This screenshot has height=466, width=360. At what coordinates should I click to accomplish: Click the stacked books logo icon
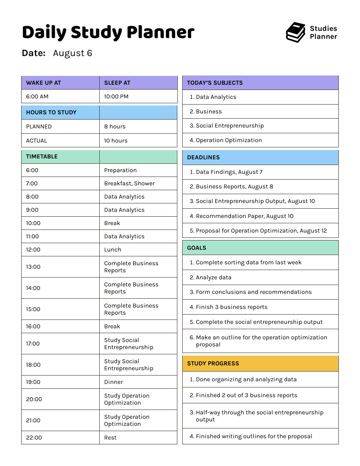point(296,33)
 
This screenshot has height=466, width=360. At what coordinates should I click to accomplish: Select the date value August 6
point(72,53)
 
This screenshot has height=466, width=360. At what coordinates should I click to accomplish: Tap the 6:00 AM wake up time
point(37,96)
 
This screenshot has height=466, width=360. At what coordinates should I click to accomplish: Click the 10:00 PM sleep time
point(116,96)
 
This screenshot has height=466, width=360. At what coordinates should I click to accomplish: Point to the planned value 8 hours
point(115,126)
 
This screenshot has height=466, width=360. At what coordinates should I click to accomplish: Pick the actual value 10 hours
point(116,140)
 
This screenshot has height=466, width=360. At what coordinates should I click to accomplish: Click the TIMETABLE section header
point(42,156)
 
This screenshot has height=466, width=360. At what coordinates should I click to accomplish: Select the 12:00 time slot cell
point(33,249)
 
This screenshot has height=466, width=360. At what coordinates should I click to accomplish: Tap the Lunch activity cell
point(112,249)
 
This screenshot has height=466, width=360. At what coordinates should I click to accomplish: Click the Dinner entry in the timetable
point(113,382)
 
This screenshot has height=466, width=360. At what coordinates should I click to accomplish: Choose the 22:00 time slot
point(34,437)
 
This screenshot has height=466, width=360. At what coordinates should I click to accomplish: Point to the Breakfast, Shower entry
point(129,183)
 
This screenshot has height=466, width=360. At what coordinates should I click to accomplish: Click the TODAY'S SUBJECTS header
point(215,83)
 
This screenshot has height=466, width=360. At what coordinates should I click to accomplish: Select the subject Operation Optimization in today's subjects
point(229,140)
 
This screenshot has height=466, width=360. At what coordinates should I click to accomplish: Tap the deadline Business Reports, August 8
point(234,186)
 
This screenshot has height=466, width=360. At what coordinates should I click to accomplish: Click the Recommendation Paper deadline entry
point(244,216)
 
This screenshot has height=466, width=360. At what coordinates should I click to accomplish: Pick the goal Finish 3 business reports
point(231,307)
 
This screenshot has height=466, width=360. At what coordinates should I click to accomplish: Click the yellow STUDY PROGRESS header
point(213,363)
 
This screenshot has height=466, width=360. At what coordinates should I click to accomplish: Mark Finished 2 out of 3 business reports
point(246,395)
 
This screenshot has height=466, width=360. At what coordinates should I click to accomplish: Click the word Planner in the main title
point(161,33)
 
